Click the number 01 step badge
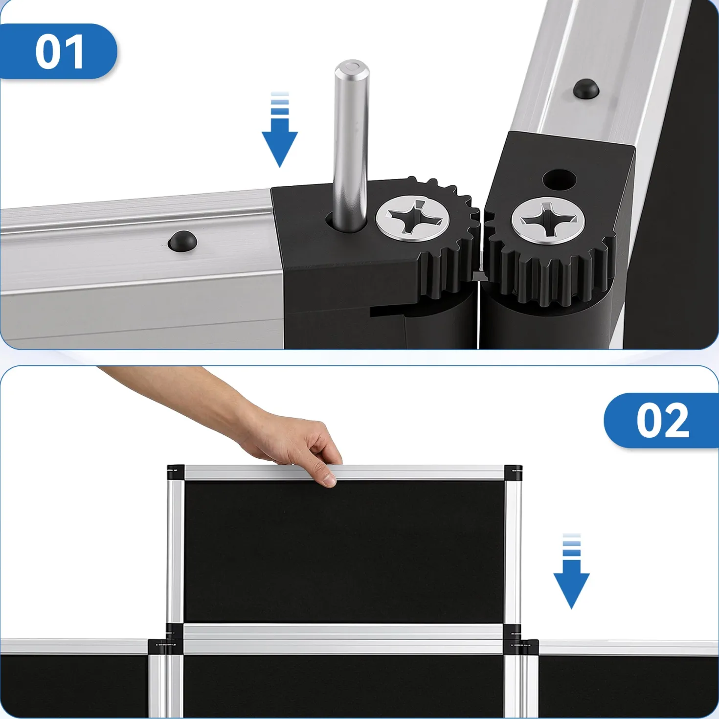pos(58,51)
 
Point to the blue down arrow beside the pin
pos(279,129)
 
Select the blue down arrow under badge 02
pos(571,571)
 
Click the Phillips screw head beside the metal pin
pos(413,218)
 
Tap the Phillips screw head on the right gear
pos(548,221)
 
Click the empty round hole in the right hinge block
pos(559,180)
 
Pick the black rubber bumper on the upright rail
pos(586,89)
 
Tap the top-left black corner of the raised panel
pos(176,472)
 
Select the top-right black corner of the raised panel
pos(513,472)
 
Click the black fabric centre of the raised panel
pos(344,551)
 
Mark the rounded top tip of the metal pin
pos(352,67)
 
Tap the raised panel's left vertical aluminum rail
pos(175,551)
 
